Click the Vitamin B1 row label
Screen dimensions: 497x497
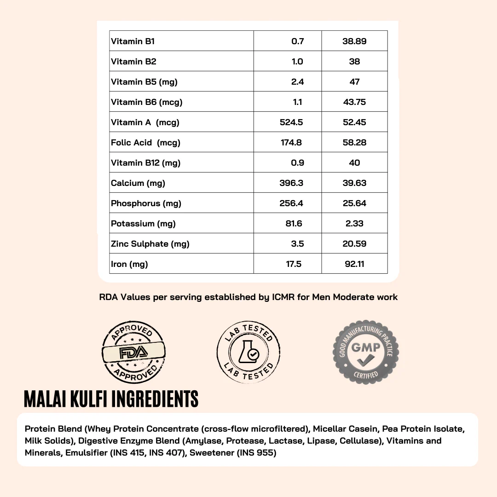click(x=133, y=41)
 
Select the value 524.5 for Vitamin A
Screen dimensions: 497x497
click(x=291, y=122)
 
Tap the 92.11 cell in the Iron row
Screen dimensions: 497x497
click(x=354, y=264)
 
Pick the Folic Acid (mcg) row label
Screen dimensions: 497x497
click(x=145, y=143)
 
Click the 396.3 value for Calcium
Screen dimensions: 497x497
click(x=291, y=183)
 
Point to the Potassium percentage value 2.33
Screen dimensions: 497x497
click(x=354, y=224)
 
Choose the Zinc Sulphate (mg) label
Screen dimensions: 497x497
click(x=150, y=244)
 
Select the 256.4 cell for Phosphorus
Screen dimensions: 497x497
click(x=291, y=203)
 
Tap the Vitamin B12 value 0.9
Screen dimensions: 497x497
click(x=298, y=163)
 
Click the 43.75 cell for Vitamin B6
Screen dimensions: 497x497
click(x=354, y=102)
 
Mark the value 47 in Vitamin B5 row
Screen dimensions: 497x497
click(x=354, y=82)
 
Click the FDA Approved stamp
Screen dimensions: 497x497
click(x=133, y=353)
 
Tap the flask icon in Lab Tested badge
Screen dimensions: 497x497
click(x=247, y=352)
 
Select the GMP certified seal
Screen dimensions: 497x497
click(x=366, y=352)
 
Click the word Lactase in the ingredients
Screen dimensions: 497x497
click(x=286, y=441)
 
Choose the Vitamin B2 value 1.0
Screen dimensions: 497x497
click(x=298, y=62)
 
